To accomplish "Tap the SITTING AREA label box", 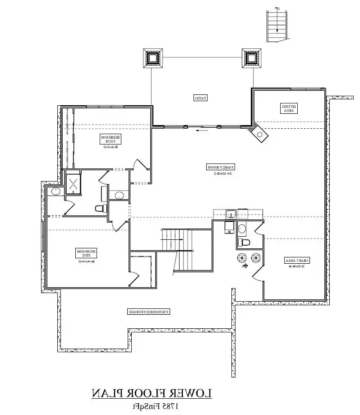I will pyautogui.click(x=288, y=108).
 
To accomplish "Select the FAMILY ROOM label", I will pyautogui.click(x=221, y=167).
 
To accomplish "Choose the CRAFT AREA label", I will pyautogui.click(x=296, y=261).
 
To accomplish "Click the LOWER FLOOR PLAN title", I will pyautogui.click(x=152, y=393).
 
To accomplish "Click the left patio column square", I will pyautogui.click(x=152, y=58).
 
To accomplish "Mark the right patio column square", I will pyautogui.click(x=251, y=58).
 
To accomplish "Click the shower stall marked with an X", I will pyautogui.click(x=73, y=183).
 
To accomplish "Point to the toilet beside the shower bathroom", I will pyautogui.click(x=100, y=209).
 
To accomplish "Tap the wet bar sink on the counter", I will pyautogui.click(x=231, y=214).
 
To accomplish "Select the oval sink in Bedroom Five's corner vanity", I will pyautogui.click(x=55, y=191).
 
